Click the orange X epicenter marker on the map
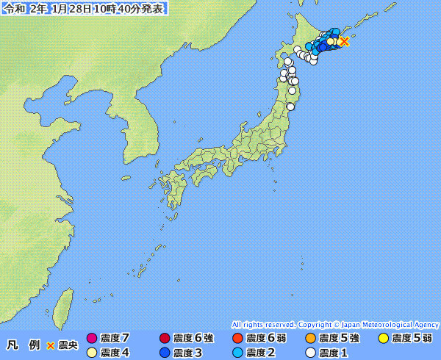click(344, 41)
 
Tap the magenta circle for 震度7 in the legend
click(92, 339)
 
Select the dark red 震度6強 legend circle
click(165, 339)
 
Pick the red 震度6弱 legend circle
click(237, 339)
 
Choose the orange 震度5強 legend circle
click(310, 339)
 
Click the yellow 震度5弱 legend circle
click(383, 339)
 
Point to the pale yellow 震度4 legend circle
click(92, 353)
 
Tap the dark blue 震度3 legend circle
click(165, 353)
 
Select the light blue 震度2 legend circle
click(237, 353)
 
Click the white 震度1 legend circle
click(310, 353)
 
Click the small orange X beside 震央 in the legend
click(51, 345)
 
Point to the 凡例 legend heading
click(23, 345)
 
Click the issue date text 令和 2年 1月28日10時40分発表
click(84, 9)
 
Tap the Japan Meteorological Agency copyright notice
click(335, 324)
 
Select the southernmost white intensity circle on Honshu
click(290, 107)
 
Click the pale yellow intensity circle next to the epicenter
click(331, 42)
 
